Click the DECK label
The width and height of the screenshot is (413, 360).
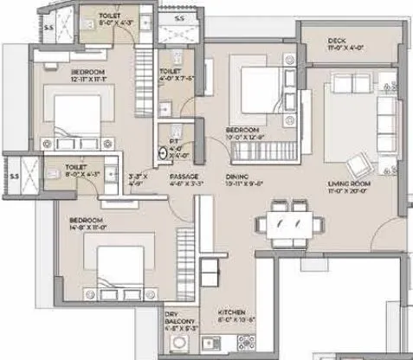click(x=338, y=41)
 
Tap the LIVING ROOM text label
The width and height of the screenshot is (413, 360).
click(x=349, y=183)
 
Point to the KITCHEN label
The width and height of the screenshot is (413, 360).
click(x=231, y=310)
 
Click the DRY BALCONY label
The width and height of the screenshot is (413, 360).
click(x=179, y=314)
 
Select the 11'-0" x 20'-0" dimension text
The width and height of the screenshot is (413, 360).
click(x=350, y=192)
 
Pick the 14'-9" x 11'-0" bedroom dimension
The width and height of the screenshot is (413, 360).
click(x=88, y=230)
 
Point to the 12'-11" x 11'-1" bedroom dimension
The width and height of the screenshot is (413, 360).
click(x=89, y=78)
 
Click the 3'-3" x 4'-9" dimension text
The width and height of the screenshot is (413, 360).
click(x=137, y=179)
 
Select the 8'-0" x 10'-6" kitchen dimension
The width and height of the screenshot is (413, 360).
click(x=231, y=318)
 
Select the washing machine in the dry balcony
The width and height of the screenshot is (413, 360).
click(x=180, y=344)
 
